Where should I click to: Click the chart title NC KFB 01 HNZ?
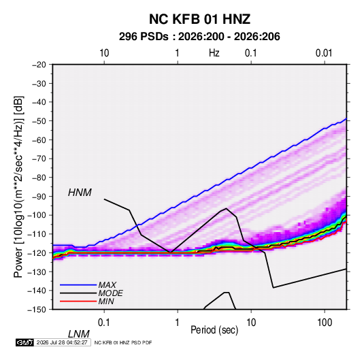pyautogui.click(x=199, y=19)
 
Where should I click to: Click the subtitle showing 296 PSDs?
pyautogui.click(x=199, y=37)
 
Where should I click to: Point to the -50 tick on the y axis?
pyautogui.click(x=39, y=121)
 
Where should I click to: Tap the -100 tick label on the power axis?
pyautogui.click(x=37, y=215)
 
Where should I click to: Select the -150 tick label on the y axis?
pyautogui.click(x=37, y=310)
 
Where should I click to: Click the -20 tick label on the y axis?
pyautogui.click(x=39, y=65)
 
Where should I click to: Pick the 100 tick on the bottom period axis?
pyautogui.click(x=325, y=323)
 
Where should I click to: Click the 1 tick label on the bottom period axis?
pyautogui.click(x=178, y=323)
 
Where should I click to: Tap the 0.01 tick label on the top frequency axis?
pyautogui.click(x=324, y=53)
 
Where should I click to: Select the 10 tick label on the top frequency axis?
pyautogui.click(x=104, y=53)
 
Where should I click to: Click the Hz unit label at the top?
pyautogui.click(x=214, y=53)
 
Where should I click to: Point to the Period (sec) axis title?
pyautogui.click(x=214, y=330)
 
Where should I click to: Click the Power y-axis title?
pyautogui.click(x=18, y=186)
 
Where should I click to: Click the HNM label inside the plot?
pyautogui.click(x=80, y=193)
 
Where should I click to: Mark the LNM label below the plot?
pyautogui.click(x=79, y=334)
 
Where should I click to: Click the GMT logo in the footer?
pyautogui.click(x=24, y=342)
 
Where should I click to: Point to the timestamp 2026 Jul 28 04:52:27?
pyautogui.click(x=62, y=342)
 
